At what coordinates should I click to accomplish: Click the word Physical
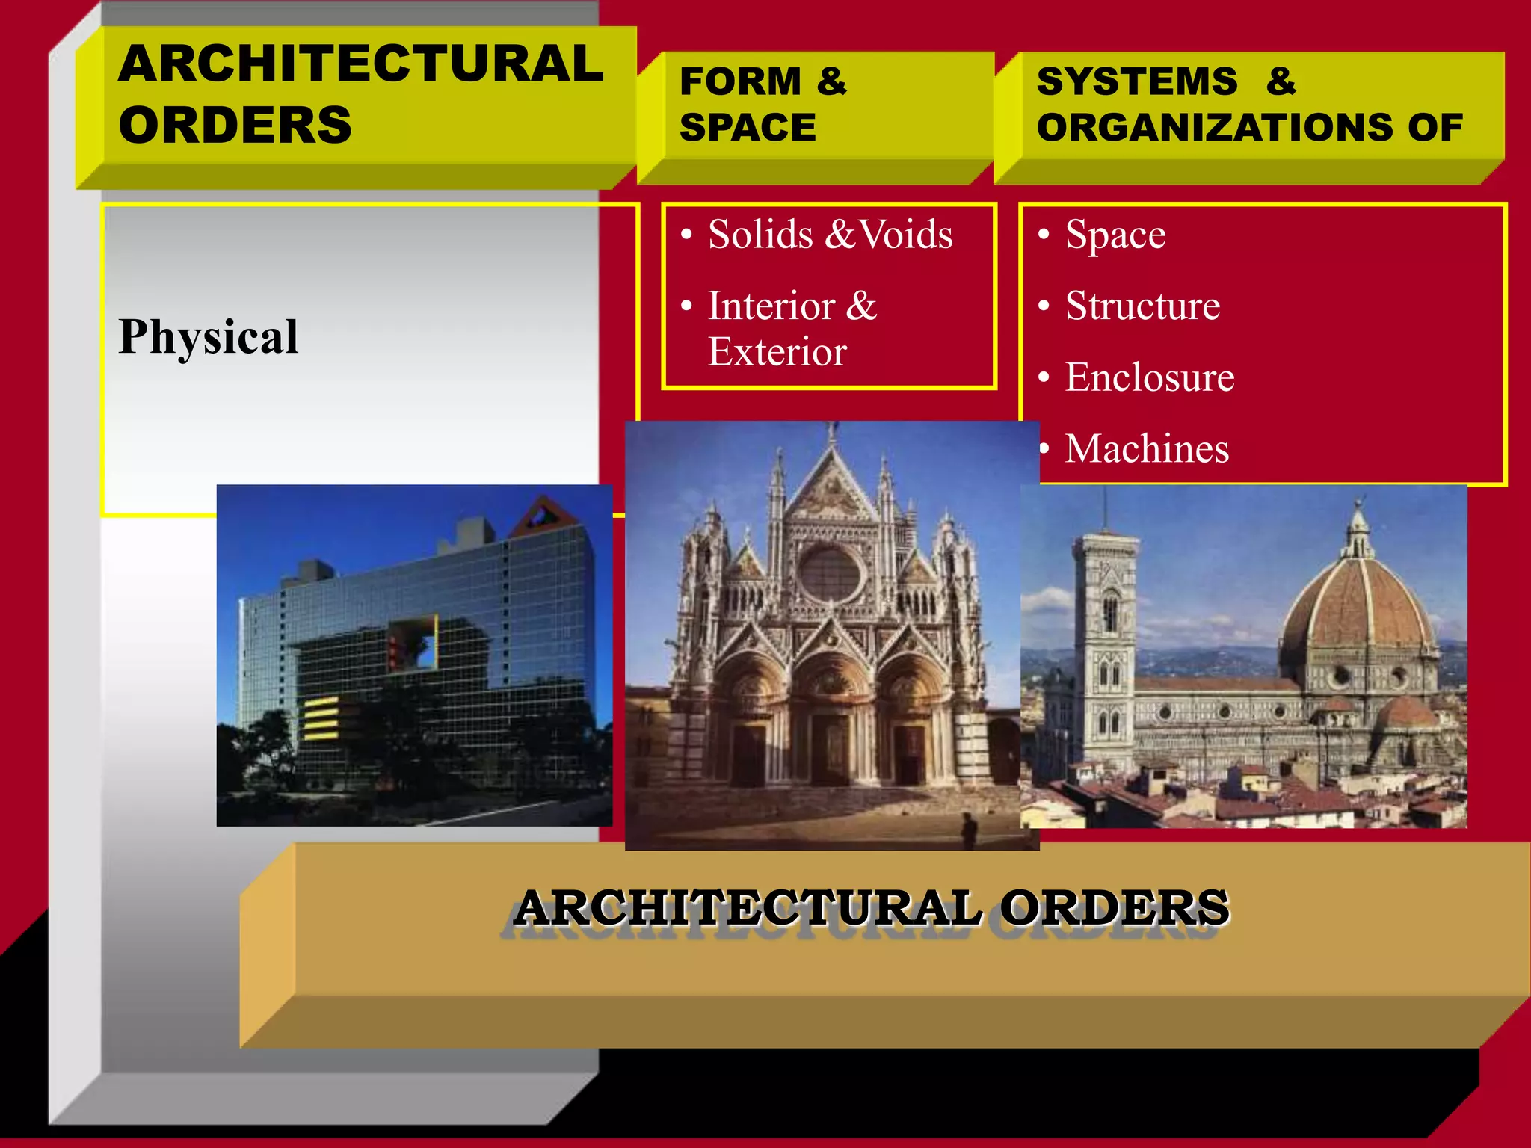(209, 337)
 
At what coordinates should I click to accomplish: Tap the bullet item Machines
(1147, 449)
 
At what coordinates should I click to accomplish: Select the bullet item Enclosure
(1150, 377)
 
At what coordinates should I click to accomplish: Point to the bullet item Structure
(1142, 306)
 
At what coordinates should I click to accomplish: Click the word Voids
(906, 235)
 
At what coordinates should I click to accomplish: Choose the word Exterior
(777, 352)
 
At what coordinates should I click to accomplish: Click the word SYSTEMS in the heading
(1137, 81)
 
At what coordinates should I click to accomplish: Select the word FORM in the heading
(740, 81)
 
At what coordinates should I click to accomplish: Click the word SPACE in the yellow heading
(748, 128)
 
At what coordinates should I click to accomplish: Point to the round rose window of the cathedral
(830, 573)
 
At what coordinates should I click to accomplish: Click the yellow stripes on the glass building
(320, 717)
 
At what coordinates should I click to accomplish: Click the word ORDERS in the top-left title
(235, 126)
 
